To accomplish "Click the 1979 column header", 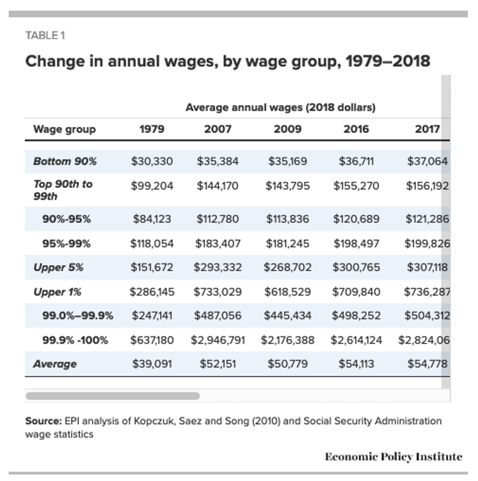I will click(152, 129).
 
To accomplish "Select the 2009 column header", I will click(287, 129).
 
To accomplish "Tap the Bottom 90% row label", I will click(65, 161).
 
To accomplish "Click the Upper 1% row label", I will click(57, 292).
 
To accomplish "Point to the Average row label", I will click(55, 364).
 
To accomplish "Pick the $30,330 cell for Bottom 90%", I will click(152, 161).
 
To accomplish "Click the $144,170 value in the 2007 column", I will click(218, 185).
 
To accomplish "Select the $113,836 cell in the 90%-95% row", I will click(287, 219).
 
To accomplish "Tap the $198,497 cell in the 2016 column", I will click(356, 243).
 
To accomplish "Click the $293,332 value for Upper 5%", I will click(218, 267).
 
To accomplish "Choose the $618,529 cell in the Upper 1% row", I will click(287, 292).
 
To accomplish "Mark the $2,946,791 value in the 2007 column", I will click(218, 340).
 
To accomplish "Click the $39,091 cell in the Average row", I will click(152, 364).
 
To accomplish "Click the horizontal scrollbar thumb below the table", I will click(112, 396).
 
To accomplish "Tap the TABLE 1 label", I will click(45, 35).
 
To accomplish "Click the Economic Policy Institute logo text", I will click(393, 457).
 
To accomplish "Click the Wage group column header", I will click(64, 129).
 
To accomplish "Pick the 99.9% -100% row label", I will click(75, 340).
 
